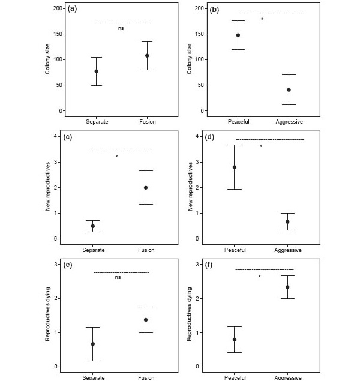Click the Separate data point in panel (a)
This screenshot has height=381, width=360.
click(96, 71)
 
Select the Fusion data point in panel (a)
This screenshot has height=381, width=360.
click(147, 56)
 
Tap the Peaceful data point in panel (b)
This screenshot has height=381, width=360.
click(238, 35)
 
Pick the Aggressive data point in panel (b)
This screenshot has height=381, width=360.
click(289, 89)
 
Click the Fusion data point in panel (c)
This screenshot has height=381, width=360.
click(146, 188)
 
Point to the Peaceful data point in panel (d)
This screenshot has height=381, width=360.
click(235, 167)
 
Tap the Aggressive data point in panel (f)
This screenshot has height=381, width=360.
click(287, 287)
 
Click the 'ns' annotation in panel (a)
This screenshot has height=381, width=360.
click(121, 28)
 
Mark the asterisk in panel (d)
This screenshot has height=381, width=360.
click(261, 146)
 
